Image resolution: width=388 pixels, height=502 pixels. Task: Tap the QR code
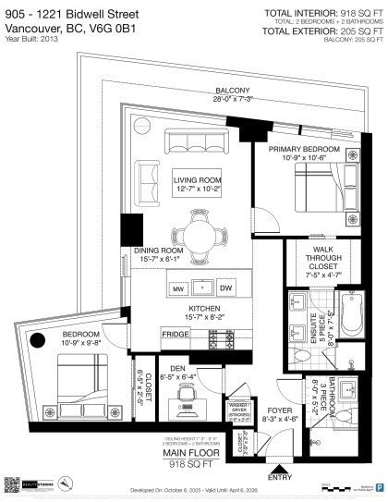[x=13, y=482]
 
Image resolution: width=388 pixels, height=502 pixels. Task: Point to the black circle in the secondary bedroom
[x=37, y=343]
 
